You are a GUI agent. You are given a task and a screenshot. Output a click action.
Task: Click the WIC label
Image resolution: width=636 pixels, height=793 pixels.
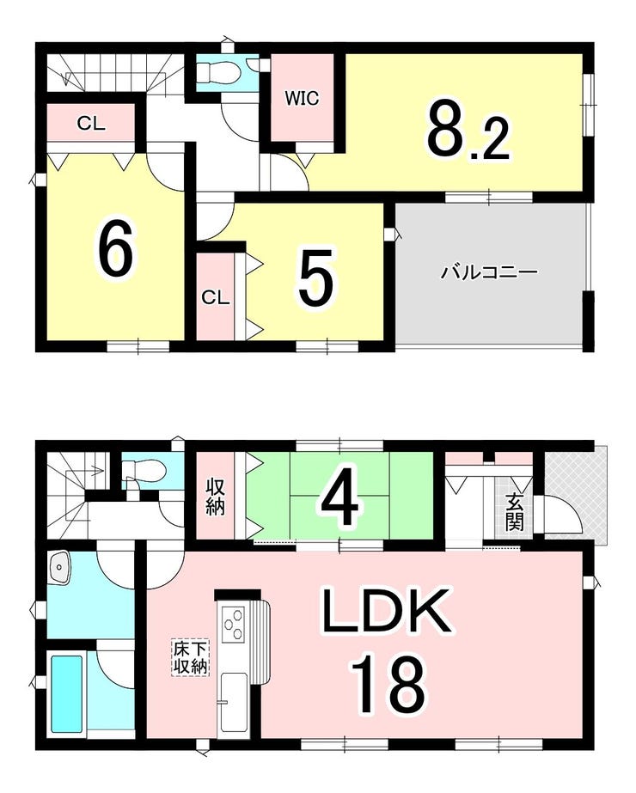(302, 98)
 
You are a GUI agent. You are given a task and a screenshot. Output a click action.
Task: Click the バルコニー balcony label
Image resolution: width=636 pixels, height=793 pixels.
(489, 272)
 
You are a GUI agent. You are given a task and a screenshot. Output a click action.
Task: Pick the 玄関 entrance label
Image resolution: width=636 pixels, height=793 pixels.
(514, 512)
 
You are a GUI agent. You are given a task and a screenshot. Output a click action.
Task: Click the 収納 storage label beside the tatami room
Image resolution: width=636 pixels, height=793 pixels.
(215, 497)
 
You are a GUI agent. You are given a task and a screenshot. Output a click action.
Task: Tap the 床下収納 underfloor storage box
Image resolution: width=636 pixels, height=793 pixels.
(191, 657)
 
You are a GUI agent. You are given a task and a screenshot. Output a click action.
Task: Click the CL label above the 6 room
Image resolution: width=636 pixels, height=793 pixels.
(92, 123)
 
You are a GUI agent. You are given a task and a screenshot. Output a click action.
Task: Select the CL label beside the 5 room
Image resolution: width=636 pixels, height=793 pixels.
(216, 297)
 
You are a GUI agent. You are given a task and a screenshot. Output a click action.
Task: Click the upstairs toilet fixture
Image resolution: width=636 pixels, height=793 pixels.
(215, 72)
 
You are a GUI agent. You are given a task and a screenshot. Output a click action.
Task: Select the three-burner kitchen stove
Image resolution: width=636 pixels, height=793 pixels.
(233, 625)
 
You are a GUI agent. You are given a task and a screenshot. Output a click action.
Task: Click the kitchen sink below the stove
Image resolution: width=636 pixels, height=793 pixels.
(233, 698)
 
